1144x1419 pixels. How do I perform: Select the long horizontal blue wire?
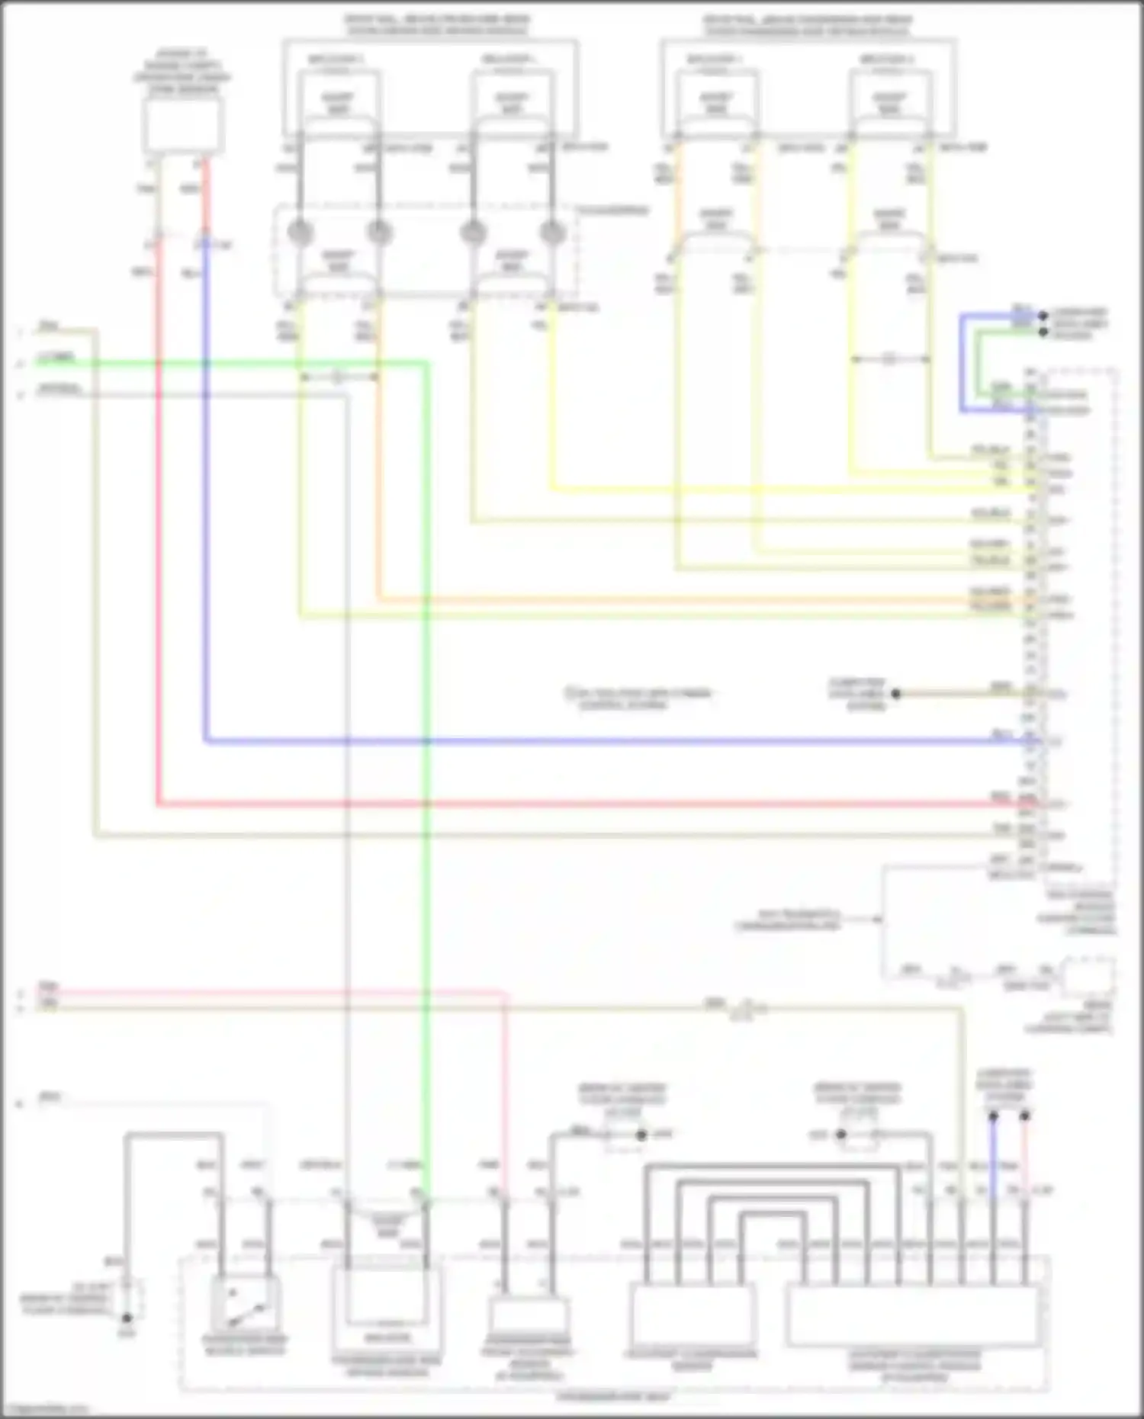[610, 740]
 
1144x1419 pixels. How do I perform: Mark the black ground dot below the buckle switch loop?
[127, 1318]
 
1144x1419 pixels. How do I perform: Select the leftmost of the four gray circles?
[300, 233]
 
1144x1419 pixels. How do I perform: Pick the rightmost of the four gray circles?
[551, 233]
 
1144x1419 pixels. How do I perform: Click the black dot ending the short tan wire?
[896, 694]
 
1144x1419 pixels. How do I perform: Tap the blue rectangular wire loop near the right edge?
[962, 362]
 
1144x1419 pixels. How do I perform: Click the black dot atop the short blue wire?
[993, 1116]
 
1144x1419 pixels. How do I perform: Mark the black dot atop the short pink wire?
[1024, 1116]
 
